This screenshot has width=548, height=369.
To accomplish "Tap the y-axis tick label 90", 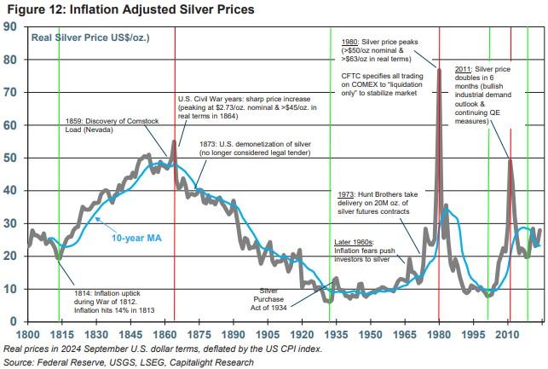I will pos(11,27).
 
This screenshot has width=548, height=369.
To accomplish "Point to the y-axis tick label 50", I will pos(11,158).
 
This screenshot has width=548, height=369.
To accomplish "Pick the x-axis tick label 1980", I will pos(439,334).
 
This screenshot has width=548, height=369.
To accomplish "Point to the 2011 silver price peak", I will pos(510,159).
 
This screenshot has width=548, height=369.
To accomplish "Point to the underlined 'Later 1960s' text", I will pos(352,242).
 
